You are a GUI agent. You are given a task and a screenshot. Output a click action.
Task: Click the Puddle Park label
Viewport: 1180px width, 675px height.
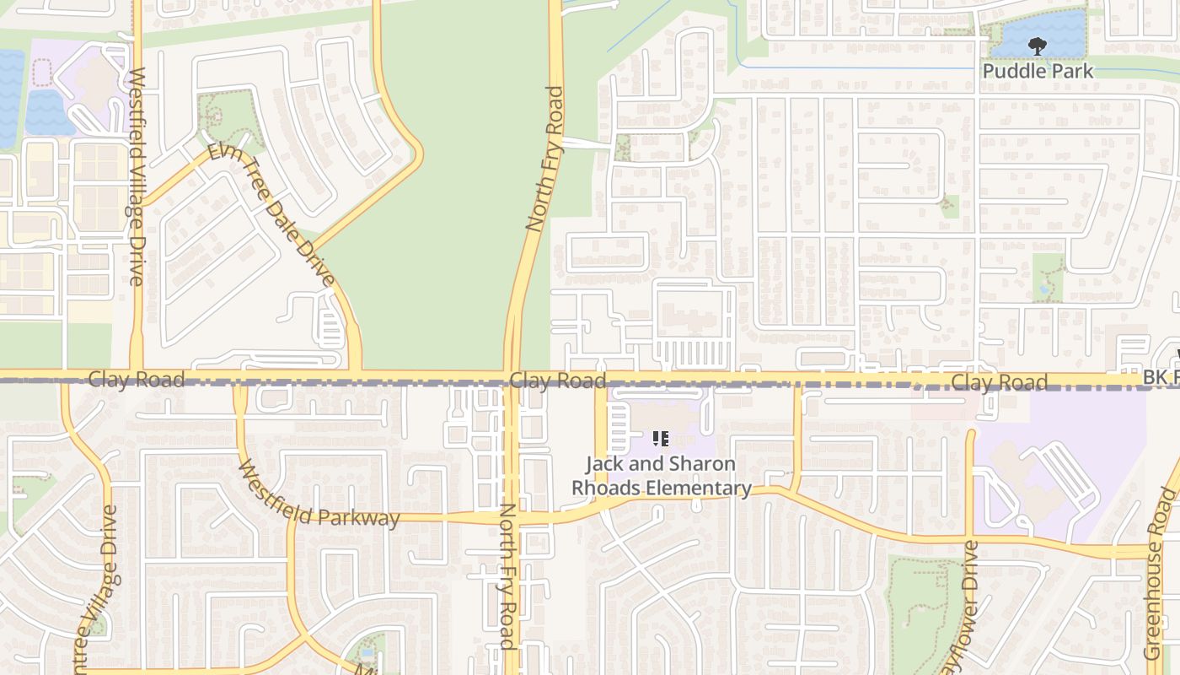[x=1038, y=71]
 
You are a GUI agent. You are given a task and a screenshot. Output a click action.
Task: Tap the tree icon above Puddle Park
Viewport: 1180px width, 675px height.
[x=1037, y=46]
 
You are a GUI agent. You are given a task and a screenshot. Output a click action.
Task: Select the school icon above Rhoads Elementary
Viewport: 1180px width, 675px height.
[x=661, y=439]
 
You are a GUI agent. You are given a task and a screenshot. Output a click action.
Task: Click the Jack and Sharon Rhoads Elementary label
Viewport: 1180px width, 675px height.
[x=661, y=476]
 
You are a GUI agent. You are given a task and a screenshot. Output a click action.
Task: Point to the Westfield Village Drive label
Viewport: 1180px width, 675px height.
[x=137, y=177]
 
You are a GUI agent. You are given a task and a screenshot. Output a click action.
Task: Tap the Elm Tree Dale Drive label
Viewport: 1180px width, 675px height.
[x=271, y=214]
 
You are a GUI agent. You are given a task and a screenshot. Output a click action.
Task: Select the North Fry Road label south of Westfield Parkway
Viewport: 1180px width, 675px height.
[x=507, y=576]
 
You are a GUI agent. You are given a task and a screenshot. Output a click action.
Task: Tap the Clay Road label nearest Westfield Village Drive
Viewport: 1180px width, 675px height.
[x=137, y=380]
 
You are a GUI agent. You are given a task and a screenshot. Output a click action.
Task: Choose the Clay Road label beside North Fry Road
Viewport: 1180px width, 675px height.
[x=557, y=381]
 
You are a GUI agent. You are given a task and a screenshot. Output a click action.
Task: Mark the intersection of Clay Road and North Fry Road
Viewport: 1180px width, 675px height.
[x=512, y=376]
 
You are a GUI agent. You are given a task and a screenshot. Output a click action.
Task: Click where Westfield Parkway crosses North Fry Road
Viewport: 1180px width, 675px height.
[x=512, y=517]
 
